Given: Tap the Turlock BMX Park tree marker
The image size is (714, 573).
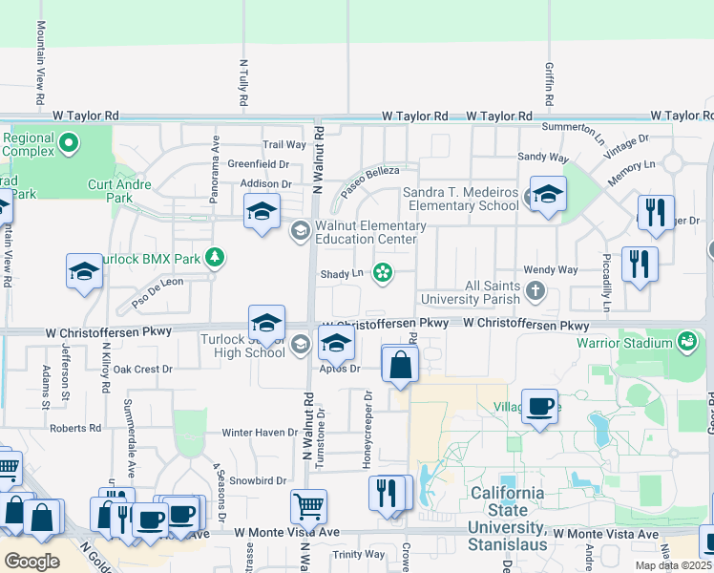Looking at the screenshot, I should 216,257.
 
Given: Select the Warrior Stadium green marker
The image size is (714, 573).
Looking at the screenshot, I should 686,340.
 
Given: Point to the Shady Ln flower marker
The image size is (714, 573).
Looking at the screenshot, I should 383,274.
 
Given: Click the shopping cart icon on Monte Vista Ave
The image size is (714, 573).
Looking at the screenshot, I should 308,506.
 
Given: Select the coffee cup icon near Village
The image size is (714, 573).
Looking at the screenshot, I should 539,406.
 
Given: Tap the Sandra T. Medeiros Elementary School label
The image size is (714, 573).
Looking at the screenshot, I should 462,199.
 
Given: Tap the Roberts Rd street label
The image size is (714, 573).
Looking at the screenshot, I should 76,429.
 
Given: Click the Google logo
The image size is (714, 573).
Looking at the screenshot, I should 31,561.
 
